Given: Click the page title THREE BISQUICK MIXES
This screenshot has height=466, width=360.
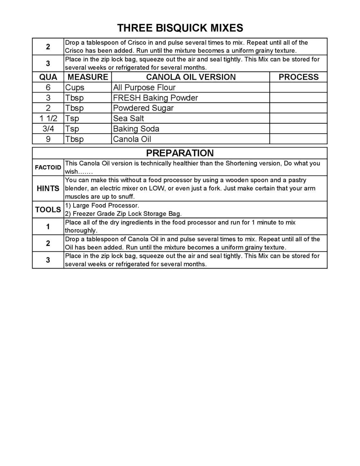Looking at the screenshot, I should pos(180,28).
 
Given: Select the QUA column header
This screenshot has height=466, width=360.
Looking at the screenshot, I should pos(48,77).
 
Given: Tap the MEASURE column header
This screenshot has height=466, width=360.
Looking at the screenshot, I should pos(88,77).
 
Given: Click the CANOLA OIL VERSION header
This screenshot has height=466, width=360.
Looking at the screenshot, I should pos(191,77).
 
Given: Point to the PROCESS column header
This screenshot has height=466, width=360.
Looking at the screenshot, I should pos(298,77).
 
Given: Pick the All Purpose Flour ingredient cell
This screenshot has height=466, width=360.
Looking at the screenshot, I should pos(144,87).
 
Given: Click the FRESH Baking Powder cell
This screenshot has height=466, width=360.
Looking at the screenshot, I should pos(155,98).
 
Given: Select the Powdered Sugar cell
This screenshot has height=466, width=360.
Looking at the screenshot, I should pos(143,108).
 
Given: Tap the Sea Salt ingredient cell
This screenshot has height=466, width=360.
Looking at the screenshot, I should pos(128,118).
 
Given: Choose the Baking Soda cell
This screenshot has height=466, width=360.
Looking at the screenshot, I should pos(136,129).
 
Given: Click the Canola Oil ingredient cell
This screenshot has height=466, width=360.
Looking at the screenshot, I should pos(132,139).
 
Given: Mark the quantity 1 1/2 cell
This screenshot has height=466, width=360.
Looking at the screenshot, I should pos(48,118).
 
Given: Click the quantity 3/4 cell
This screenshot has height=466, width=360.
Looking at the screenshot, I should pos(48,129).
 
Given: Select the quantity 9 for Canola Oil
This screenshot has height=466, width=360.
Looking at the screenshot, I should pos(48,139).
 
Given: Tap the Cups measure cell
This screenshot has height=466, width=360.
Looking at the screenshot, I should pos(75,87).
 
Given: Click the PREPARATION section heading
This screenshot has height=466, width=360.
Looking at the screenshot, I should pos(180,153).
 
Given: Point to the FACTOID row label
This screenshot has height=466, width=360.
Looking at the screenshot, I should pos(48,167).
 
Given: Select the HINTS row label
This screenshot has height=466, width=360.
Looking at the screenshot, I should pos(48,189).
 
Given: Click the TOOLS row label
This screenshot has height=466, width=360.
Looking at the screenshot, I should pos(48,210).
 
